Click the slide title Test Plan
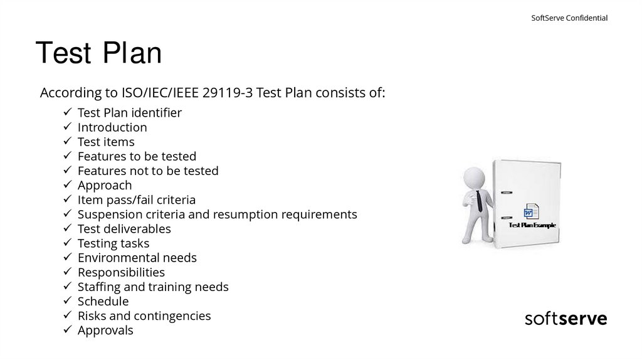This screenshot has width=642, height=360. coord(99,53)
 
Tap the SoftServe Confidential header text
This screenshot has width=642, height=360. coord(569,18)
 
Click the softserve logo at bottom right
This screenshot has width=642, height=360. coord(566,319)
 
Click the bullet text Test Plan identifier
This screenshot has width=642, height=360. coord(129,113)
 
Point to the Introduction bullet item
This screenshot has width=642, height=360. coord(112,127)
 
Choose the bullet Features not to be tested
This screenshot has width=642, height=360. coord(148,171)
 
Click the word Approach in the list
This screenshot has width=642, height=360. coord(105,185)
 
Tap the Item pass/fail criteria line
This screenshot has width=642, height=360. coord(137,200)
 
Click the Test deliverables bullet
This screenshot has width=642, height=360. coord(124,229)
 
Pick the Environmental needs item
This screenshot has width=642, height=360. coord(137,258)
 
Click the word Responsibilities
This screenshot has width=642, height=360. coord(121,272)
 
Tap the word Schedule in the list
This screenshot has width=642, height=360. coord(103,301)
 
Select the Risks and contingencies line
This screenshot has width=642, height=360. coord(144,315)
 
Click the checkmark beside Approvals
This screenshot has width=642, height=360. coord(67,331)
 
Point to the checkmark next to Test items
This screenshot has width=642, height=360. coord(67,142)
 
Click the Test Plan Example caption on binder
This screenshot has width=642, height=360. coord(532,225)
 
